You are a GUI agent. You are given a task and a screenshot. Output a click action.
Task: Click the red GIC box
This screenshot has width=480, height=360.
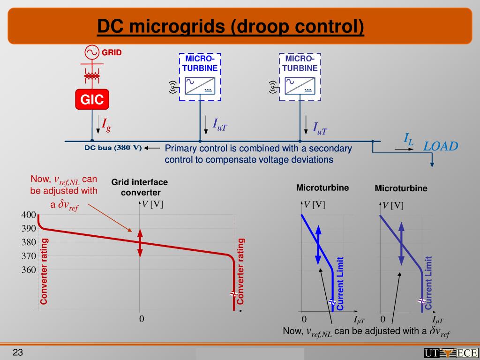92,99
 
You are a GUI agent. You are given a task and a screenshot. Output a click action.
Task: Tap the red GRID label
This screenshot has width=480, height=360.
112,52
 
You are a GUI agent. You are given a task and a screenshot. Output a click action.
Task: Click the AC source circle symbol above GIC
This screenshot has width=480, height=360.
92,52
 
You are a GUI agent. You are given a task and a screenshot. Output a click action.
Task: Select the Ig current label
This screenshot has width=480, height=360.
106,124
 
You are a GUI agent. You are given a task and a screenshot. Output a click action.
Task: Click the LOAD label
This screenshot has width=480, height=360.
441,146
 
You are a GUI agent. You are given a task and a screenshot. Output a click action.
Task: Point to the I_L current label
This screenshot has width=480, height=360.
409,139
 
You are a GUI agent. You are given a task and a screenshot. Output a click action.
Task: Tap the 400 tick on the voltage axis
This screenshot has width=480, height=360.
29,215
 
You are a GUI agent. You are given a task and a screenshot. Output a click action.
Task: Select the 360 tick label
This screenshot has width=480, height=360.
29,270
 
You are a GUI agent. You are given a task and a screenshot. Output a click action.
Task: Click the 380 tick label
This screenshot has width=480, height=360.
29,242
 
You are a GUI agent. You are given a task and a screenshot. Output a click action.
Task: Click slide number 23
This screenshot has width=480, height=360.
18,352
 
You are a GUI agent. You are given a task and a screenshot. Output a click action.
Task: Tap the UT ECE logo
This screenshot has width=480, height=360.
450,353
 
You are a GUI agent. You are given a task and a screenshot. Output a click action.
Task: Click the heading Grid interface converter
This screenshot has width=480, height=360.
139,187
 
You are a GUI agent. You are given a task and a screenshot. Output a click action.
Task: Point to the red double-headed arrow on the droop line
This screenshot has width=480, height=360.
139,242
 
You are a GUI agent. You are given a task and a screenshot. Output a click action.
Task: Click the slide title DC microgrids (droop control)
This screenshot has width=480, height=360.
231,27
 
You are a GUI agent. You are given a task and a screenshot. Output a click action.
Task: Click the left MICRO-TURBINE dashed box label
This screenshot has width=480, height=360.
200,63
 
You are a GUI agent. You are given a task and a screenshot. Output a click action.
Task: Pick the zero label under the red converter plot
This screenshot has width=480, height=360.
141,319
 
